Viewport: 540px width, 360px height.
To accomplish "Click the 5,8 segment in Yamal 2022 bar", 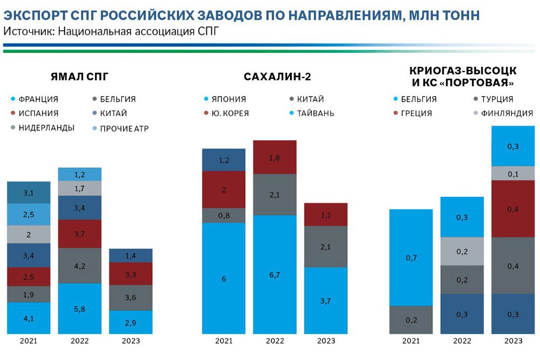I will [79, 309].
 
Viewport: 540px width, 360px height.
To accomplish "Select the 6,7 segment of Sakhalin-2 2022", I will [275, 275].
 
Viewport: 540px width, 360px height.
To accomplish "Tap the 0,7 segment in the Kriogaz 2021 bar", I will [411, 257].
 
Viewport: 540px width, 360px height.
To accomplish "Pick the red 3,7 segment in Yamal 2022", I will [79, 234].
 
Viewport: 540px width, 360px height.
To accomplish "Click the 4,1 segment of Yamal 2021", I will [29, 318].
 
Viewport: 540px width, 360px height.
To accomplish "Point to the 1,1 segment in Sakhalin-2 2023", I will [326, 214].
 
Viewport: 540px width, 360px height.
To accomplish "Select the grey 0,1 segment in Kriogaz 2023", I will [513, 173].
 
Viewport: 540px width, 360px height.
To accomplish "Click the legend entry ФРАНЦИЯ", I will [38, 99].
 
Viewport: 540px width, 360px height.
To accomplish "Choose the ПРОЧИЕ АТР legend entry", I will [124, 128].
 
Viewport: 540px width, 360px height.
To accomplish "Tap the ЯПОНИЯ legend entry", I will [226, 99].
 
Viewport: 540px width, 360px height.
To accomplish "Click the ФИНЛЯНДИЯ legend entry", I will [506, 113].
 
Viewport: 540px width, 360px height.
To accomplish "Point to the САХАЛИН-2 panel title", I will [277, 76].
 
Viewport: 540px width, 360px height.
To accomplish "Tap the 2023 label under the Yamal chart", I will [130, 341].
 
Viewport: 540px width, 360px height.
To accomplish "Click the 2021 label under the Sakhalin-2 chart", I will [224, 341].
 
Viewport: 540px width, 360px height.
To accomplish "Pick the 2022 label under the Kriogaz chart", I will [462, 341].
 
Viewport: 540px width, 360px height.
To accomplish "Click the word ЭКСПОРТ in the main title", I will [32, 15].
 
